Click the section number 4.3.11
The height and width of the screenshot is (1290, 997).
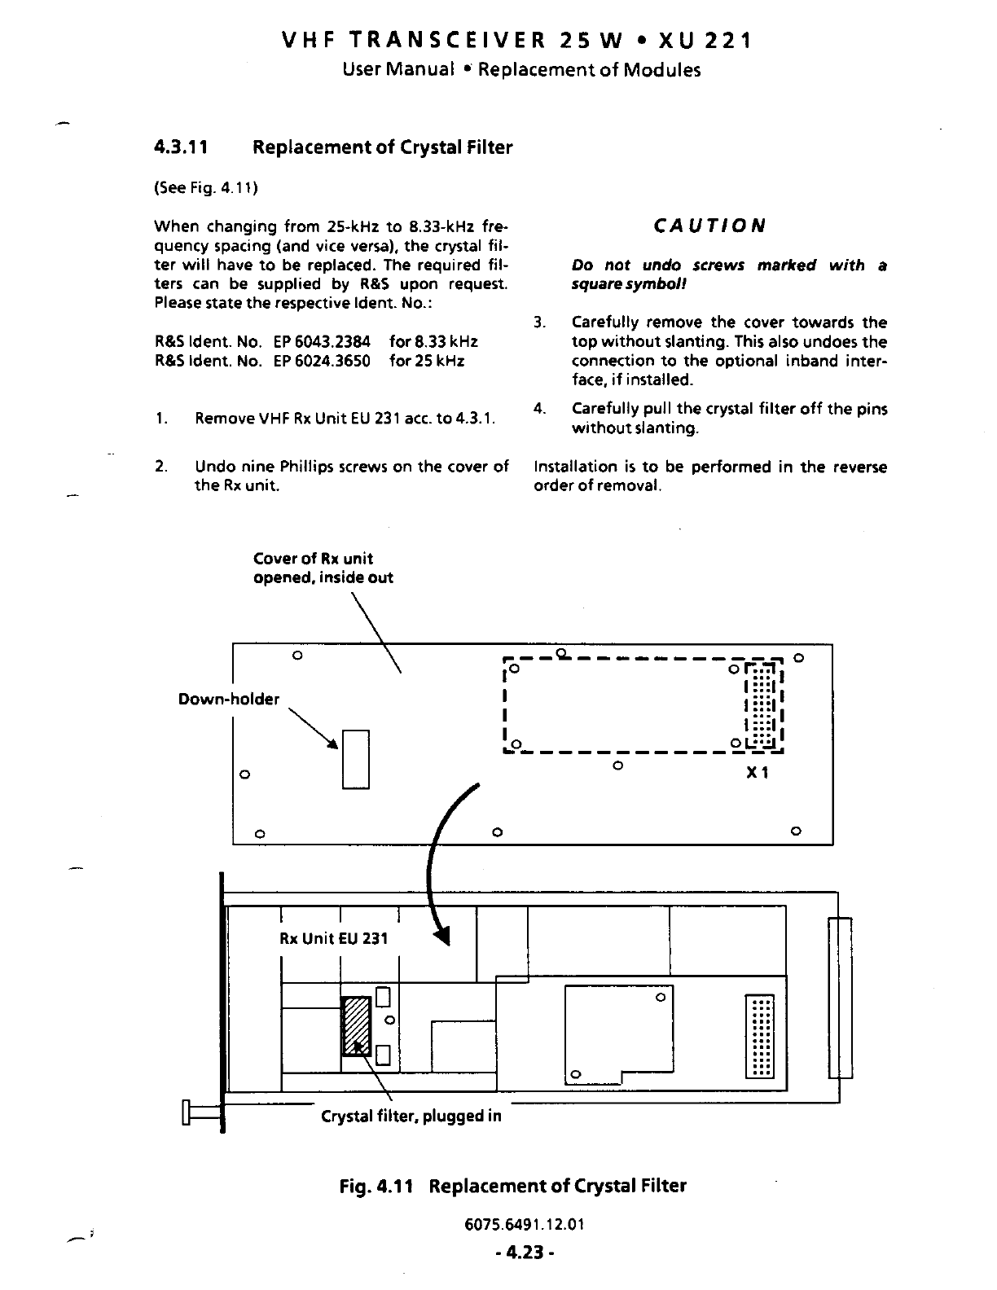pyautogui.click(x=182, y=147)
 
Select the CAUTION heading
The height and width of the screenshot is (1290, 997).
pyautogui.click(x=709, y=226)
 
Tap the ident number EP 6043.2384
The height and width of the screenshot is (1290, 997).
pyautogui.click(x=322, y=342)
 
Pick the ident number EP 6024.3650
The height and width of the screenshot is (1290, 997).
pyautogui.click(x=322, y=361)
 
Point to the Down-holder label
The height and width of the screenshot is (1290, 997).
pyautogui.click(x=229, y=700)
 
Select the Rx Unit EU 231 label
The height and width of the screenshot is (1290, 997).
pyautogui.click(x=334, y=938)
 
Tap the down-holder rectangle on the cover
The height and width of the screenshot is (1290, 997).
pyautogui.click(x=356, y=759)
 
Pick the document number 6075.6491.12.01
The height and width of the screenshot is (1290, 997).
pyautogui.click(x=521, y=1225)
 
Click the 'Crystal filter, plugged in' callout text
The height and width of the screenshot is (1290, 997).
pyautogui.click(x=411, y=1116)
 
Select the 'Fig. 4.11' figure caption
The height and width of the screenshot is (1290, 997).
pyautogui.click(x=512, y=1185)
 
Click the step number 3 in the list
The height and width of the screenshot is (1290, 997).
pyautogui.click(x=538, y=323)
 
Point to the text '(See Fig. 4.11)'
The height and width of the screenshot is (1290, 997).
pyautogui.click(x=206, y=188)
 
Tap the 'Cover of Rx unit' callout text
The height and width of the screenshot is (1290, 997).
pyautogui.click(x=314, y=559)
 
